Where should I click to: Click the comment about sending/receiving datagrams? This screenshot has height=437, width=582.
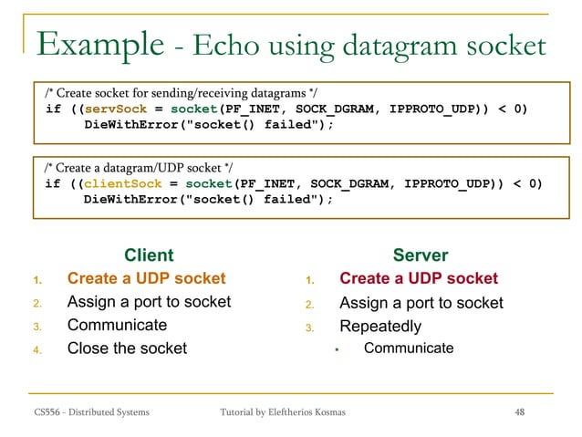coord(182,92)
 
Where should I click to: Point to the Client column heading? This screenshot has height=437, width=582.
coord(148,255)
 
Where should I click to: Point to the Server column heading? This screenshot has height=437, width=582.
coord(420,255)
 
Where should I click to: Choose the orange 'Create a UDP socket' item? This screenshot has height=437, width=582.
coord(146,278)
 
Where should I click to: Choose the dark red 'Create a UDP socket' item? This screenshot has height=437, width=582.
coord(419,278)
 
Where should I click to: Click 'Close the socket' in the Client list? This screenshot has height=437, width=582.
coord(127,348)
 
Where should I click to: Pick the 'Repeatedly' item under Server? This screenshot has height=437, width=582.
coord(380,326)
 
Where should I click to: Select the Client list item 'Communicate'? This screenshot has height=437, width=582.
coord(117,325)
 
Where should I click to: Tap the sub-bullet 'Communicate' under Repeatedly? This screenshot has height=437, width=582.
coord(408,348)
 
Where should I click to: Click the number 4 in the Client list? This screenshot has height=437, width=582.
coord(38,349)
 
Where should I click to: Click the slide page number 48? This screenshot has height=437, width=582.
coord(520,412)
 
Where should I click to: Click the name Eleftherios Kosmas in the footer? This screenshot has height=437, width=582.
coord(315,412)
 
